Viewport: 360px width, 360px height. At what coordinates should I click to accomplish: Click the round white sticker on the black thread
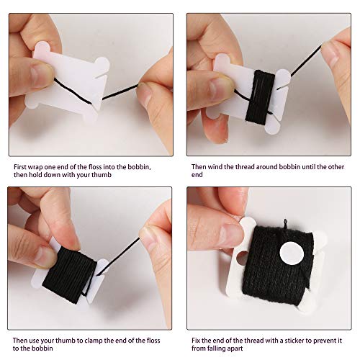coord(292,253)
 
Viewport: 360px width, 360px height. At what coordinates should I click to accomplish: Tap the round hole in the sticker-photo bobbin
coord(242,258)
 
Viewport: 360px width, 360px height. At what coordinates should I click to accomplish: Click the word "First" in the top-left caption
coord(19,167)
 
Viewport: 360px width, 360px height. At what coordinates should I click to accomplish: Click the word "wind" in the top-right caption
coord(215,167)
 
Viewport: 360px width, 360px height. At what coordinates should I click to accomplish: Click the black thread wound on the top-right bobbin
coord(260,96)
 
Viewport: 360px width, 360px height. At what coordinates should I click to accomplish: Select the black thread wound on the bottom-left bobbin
coord(70,276)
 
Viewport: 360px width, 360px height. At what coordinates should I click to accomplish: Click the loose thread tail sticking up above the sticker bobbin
coord(285,225)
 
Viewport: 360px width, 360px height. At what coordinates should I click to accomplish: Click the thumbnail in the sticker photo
coord(231,234)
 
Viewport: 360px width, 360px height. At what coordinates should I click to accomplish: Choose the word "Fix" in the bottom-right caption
coord(196,341)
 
